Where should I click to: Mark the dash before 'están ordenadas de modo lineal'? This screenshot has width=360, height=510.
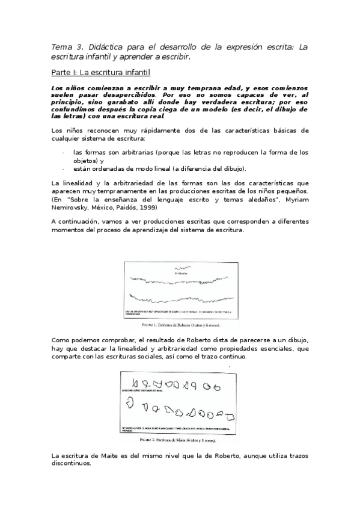click(x=64, y=168)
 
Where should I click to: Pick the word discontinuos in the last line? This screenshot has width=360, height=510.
click(x=72, y=464)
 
